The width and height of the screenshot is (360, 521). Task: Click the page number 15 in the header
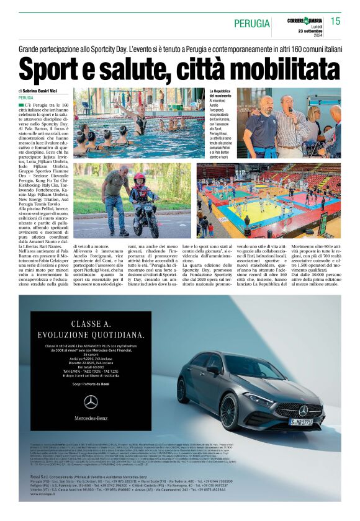335,21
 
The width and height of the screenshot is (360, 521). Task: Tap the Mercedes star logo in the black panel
91,403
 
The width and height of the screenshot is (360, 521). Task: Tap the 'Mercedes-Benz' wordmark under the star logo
91,417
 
